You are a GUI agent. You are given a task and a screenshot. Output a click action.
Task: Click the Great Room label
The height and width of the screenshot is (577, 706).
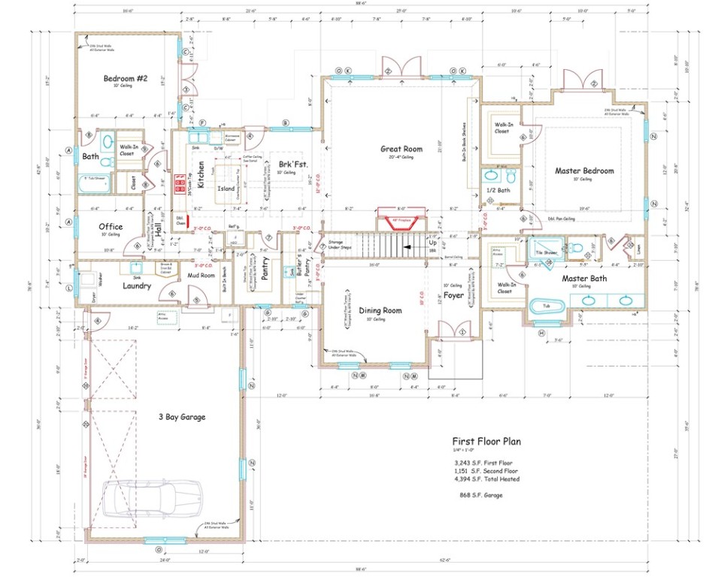pos(402,149)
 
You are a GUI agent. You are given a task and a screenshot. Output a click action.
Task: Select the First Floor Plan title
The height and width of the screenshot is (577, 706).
pos(486,442)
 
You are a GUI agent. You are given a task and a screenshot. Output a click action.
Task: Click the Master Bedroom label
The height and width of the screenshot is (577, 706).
pos(584,171)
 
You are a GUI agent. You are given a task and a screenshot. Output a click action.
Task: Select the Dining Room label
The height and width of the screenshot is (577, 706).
pos(380,310)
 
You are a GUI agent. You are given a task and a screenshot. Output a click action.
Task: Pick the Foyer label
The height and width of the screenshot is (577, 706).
pos(453,295)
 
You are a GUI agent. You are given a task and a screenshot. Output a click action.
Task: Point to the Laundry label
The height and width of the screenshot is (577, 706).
pos(137,285)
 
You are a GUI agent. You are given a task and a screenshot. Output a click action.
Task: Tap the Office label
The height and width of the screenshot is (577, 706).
pos(111,226)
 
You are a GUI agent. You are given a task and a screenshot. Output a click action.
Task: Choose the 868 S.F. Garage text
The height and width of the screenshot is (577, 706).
pos(481,495)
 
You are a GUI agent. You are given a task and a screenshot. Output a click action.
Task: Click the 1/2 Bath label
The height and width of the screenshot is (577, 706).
pos(498,191)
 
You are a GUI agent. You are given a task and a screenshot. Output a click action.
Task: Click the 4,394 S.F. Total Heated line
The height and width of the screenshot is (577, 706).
pos(486,479)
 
